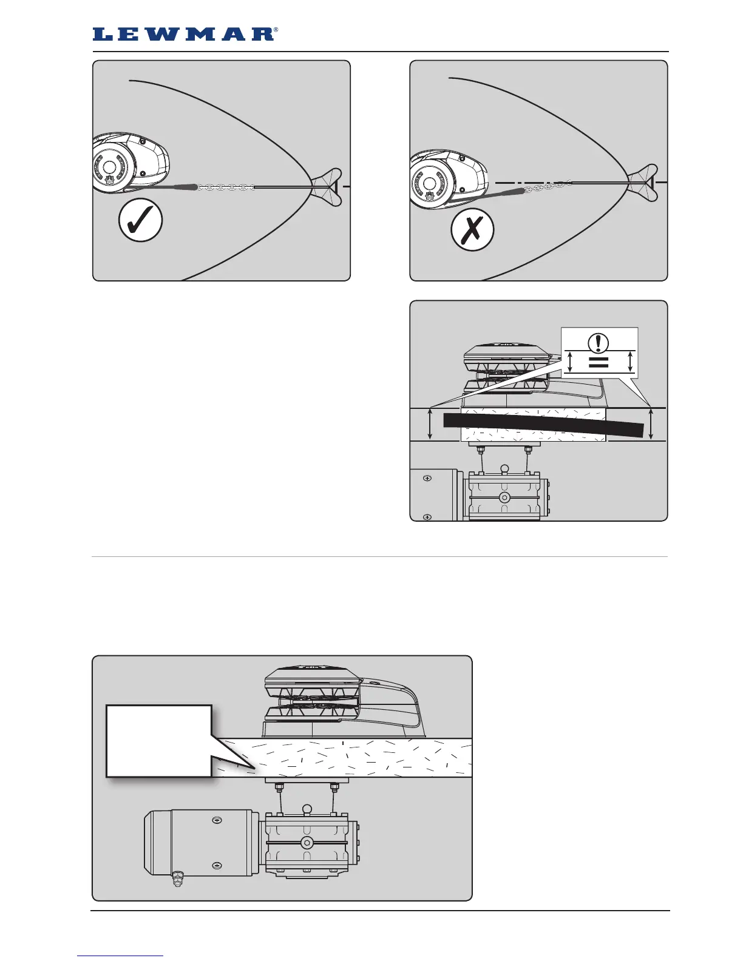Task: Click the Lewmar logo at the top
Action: tap(185, 34)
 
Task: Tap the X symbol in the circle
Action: tap(472, 229)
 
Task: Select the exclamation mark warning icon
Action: tap(600, 343)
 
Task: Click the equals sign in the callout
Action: tap(600, 363)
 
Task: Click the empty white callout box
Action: tap(158, 740)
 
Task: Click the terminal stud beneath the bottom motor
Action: tap(177, 878)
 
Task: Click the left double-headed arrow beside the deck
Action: tap(430, 424)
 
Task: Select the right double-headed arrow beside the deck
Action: tap(651, 424)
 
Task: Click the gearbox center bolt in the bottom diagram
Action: tap(307, 842)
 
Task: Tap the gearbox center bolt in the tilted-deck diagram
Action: tap(504, 497)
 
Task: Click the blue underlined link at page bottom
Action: tap(120, 956)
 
